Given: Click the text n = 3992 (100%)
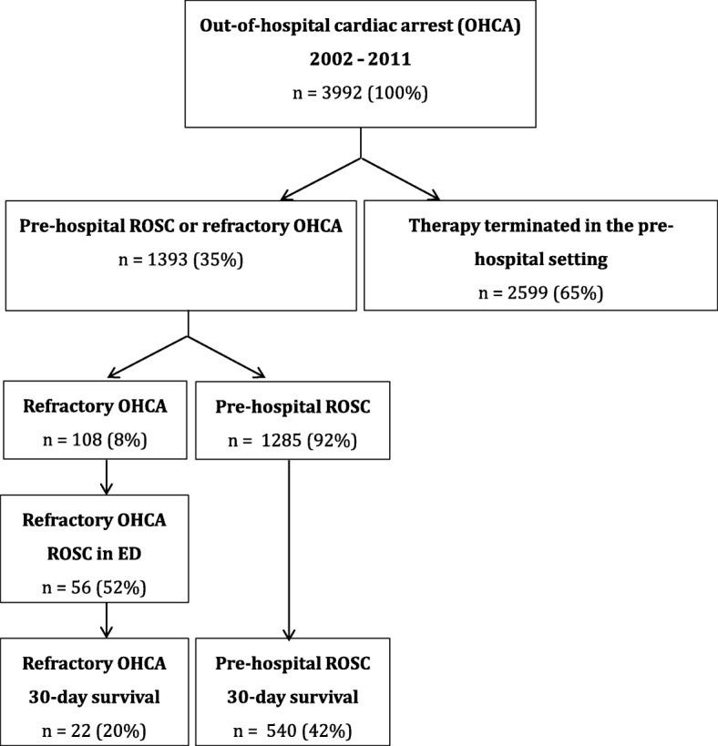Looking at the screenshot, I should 362,94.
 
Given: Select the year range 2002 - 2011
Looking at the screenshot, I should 362,60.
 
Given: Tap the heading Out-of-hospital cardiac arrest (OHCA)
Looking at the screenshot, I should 362,26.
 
